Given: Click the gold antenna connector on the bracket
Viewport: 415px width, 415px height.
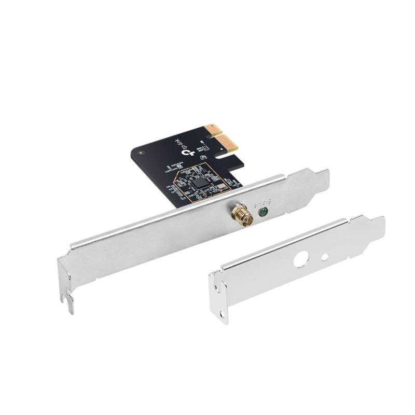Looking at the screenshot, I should [x=242, y=214].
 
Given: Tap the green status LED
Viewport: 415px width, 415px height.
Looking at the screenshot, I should [x=262, y=211].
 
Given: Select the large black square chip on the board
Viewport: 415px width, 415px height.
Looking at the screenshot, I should [x=200, y=182].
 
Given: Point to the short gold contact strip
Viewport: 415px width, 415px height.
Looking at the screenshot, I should [x=211, y=130].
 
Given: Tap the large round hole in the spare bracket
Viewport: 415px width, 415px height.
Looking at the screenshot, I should [x=301, y=259].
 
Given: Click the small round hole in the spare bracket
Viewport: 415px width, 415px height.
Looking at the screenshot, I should [x=324, y=256].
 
